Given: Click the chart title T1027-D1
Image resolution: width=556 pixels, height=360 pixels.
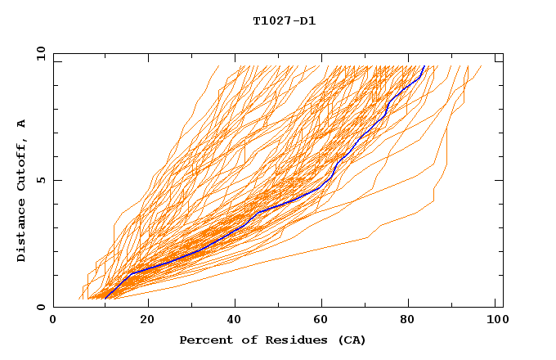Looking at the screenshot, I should click(284, 20).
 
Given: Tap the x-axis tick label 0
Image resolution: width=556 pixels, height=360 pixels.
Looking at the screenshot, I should click(53, 321).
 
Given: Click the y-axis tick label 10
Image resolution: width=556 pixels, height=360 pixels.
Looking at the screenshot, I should click(39, 53).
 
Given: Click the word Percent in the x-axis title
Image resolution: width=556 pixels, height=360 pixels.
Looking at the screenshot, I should click(204, 340).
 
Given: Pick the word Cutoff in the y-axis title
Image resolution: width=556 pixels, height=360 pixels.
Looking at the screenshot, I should click(22, 163).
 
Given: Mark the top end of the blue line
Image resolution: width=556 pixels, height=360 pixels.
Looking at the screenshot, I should click(424, 66).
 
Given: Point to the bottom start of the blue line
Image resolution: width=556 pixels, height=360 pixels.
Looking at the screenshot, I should click(105, 298).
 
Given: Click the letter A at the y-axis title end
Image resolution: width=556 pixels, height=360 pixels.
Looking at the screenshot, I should click(22, 123).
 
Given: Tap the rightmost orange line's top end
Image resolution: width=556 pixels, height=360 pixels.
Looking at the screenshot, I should click(481, 66).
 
